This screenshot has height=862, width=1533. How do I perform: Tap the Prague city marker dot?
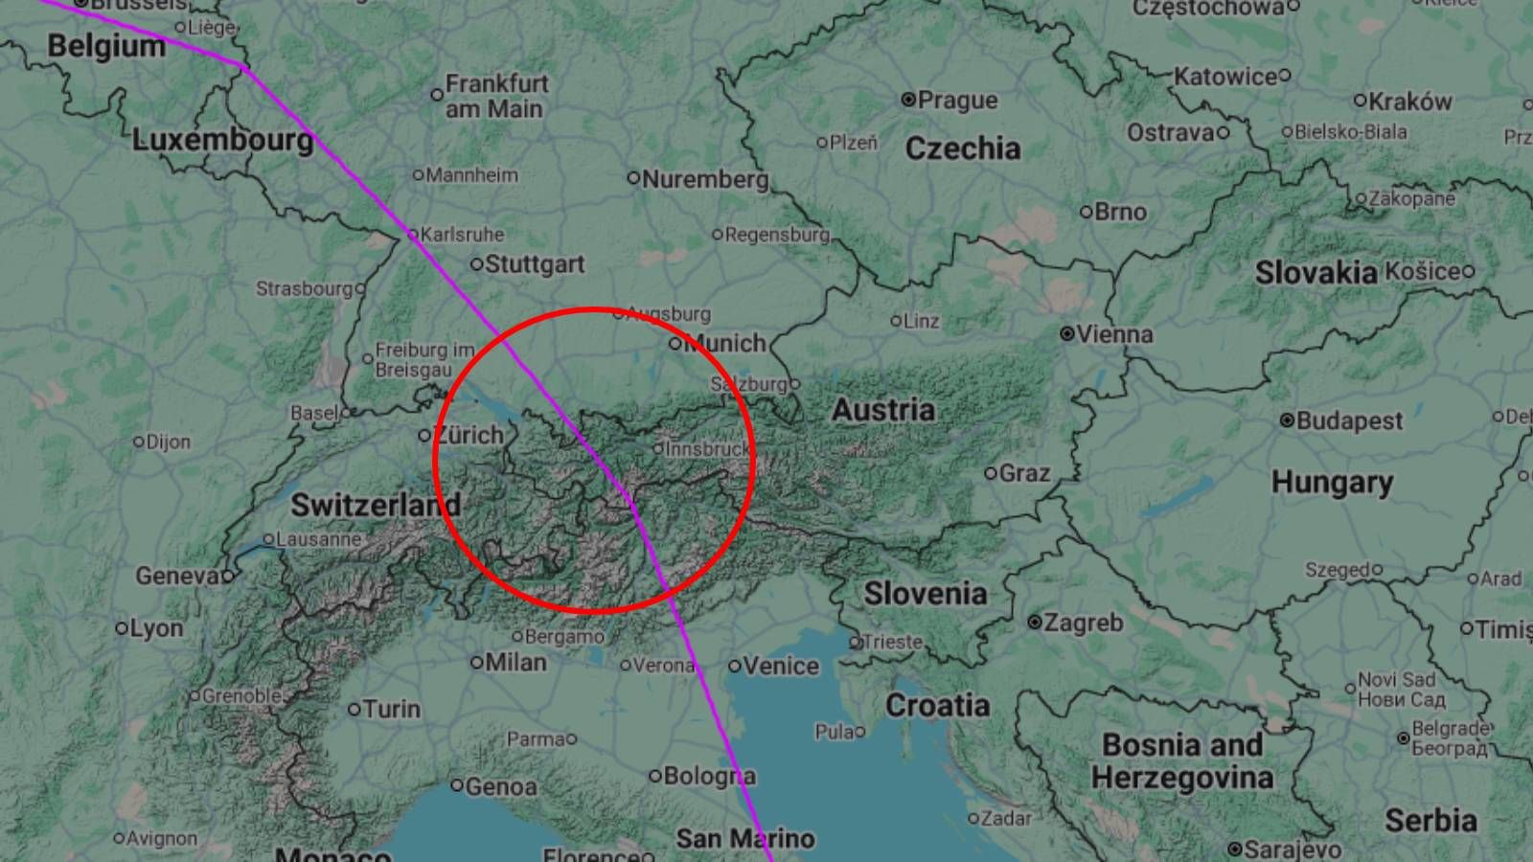(x=908, y=100)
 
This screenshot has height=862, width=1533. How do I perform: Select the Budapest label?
(x=1348, y=420)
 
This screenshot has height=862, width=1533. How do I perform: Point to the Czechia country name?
(x=962, y=148)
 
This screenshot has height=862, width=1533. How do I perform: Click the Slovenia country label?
(x=925, y=594)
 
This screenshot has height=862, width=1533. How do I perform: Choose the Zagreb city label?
(x=1083, y=623)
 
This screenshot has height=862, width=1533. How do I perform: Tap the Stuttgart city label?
(x=535, y=264)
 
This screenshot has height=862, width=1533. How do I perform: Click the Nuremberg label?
(x=705, y=179)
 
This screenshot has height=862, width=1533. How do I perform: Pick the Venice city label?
(x=781, y=666)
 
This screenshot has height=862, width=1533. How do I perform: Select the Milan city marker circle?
(x=477, y=662)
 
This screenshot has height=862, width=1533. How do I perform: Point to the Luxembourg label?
(x=222, y=141)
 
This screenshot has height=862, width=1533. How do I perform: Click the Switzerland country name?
(x=376, y=505)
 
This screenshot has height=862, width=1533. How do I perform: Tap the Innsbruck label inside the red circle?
(x=707, y=448)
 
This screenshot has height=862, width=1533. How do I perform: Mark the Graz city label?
(x=1024, y=473)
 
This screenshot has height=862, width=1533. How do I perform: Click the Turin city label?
(x=392, y=709)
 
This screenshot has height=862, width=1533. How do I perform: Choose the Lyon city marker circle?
(x=122, y=629)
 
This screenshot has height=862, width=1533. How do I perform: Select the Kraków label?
(x=1409, y=101)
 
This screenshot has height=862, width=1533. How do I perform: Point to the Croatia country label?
(x=937, y=706)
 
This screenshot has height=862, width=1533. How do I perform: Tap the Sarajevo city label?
(x=1292, y=850)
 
